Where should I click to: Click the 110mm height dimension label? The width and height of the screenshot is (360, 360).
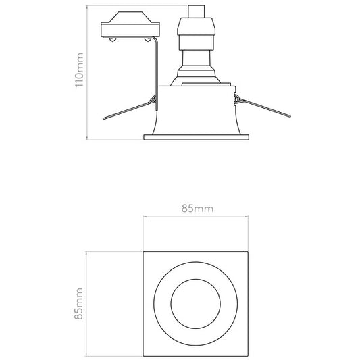pos(80,72)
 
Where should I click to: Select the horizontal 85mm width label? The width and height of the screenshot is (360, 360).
pos(197,209)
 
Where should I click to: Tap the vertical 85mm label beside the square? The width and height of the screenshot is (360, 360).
pos(80,302)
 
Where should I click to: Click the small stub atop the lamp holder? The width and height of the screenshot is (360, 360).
pos(197,12)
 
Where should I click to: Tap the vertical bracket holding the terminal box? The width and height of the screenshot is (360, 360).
pos(156,68)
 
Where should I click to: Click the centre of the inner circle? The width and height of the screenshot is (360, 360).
pos(197,303)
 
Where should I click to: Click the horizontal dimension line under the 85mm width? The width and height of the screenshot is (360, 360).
pos(197,217)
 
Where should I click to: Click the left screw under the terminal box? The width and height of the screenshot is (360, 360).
pos(109,42)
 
